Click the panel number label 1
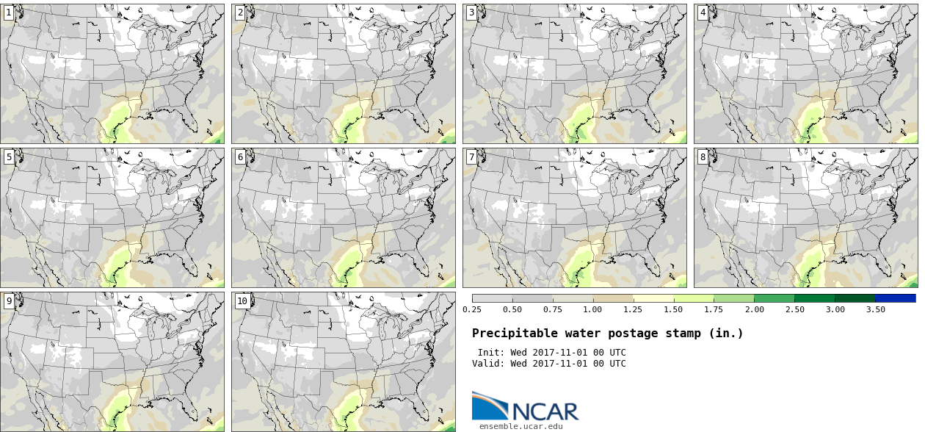point(9,12)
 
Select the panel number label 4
point(703,12)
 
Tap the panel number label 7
point(471,157)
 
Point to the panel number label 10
point(242,301)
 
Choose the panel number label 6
point(240,157)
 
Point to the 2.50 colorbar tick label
point(795,309)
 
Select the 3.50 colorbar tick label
point(875,309)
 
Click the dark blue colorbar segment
point(896,298)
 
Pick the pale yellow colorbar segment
point(653,298)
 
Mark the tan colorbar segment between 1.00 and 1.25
point(613,298)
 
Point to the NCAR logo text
point(545,411)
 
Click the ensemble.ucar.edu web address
point(521,426)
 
